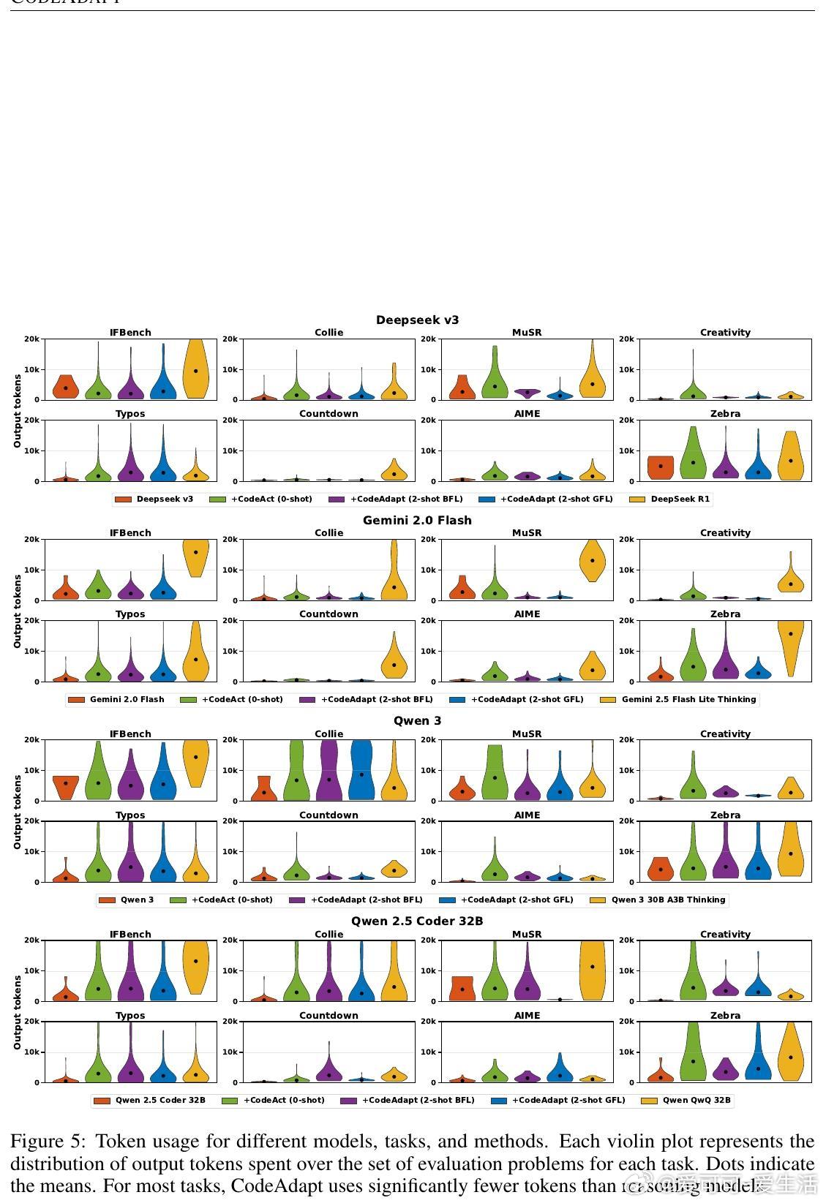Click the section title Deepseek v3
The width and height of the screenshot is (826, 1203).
click(x=417, y=320)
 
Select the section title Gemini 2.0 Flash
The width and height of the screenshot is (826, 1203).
click(x=417, y=520)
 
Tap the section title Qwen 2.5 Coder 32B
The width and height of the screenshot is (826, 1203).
click(x=417, y=921)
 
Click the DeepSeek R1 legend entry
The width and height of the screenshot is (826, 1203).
click(x=680, y=499)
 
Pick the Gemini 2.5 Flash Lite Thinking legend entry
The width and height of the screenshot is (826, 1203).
click(x=688, y=699)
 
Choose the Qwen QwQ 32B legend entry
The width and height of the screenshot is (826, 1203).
click(x=696, y=1100)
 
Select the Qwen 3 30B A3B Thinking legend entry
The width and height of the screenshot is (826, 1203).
click(x=667, y=900)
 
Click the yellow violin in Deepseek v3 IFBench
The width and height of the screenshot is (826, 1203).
click(x=195, y=369)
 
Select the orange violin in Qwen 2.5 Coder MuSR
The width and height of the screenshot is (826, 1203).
click(x=462, y=989)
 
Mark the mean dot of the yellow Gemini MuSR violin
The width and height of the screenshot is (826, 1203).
click(x=593, y=560)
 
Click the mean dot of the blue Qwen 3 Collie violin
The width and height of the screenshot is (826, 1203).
click(x=361, y=774)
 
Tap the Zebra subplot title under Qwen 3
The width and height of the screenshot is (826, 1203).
click(x=725, y=815)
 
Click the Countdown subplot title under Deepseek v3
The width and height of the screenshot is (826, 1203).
click(x=328, y=414)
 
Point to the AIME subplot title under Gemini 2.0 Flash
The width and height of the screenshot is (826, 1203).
click(x=527, y=614)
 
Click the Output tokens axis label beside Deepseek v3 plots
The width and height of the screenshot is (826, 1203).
click(x=17, y=411)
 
